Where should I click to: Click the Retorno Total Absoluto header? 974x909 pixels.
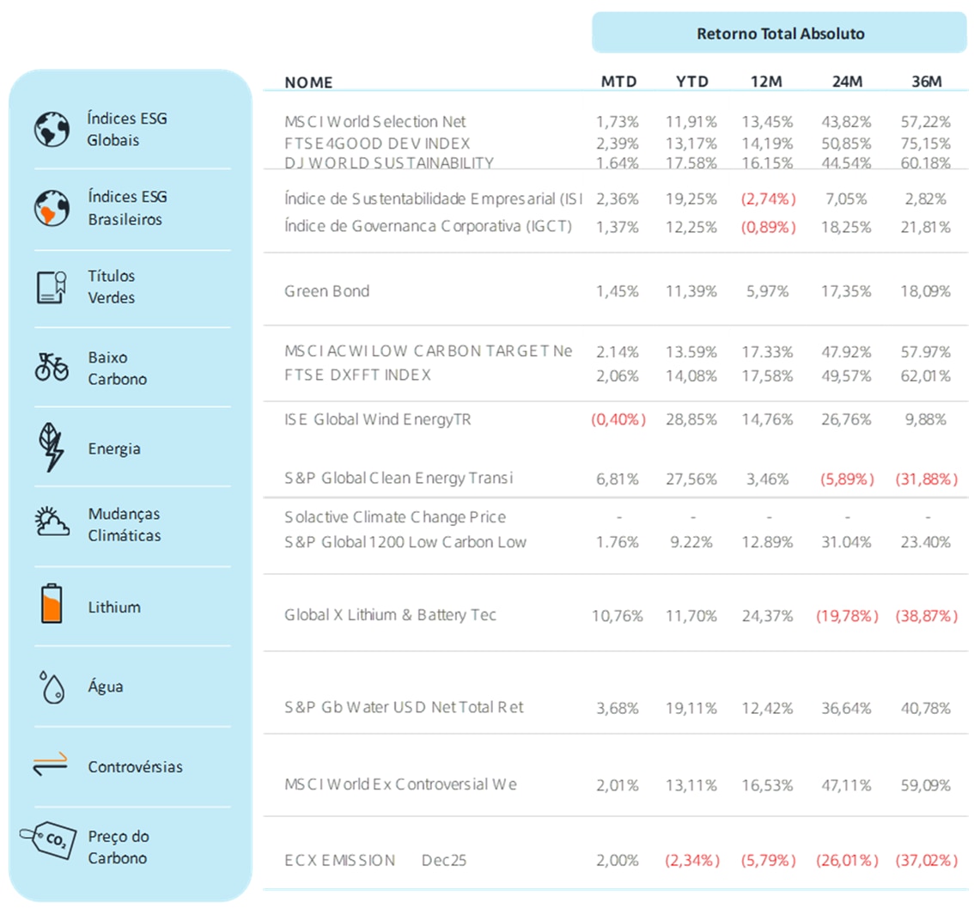click(x=779, y=34)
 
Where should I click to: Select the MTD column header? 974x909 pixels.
click(x=618, y=82)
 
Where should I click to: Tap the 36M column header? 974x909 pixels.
click(x=927, y=82)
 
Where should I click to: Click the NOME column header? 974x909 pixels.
click(x=308, y=82)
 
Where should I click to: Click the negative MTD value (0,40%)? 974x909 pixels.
click(x=618, y=419)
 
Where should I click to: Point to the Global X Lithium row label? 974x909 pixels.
click(x=390, y=615)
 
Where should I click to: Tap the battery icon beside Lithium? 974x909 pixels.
click(x=52, y=605)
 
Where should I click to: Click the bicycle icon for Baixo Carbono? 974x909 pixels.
click(x=52, y=367)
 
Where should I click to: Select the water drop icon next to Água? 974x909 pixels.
click(x=52, y=687)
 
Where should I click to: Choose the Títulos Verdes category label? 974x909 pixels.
click(x=111, y=287)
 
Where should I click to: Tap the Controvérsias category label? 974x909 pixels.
click(x=135, y=766)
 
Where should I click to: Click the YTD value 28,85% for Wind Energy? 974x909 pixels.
click(x=693, y=419)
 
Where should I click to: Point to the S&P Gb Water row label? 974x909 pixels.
click(x=404, y=707)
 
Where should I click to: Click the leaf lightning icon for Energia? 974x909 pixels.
click(x=52, y=447)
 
